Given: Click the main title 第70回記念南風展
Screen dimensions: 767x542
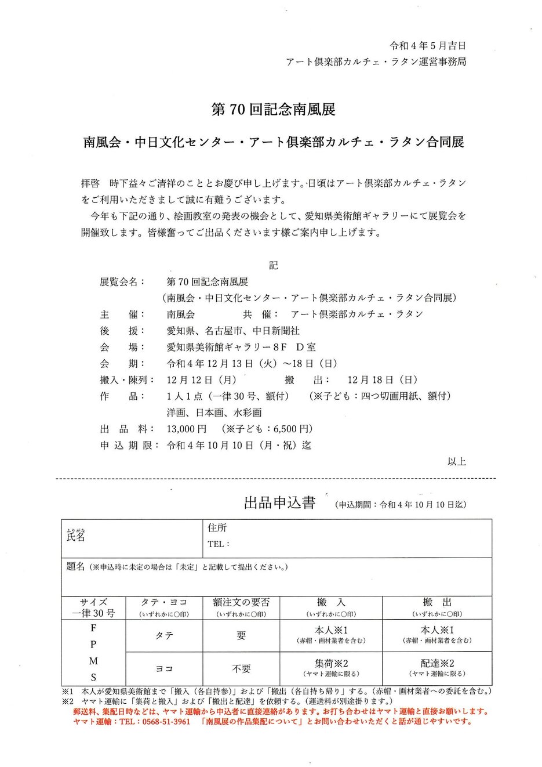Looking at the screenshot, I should [x=273, y=110].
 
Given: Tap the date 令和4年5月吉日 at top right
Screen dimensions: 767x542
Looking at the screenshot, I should [x=428, y=45].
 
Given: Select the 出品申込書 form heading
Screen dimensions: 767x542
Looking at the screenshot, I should [x=279, y=502].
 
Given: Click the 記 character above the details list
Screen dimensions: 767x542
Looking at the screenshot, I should [x=273, y=265].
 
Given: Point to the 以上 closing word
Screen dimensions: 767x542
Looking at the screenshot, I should [x=457, y=462].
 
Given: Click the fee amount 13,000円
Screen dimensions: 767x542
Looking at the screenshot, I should [x=187, y=429].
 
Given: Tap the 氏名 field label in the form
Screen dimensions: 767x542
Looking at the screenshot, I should [x=76, y=537].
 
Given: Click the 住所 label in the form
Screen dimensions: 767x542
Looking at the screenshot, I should [x=217, y=528].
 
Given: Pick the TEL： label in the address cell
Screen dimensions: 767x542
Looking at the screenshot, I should [x=219, y=544].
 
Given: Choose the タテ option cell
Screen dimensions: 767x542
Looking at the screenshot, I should [x=164, y=636].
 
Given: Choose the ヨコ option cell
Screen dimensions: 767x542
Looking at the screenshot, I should [x=164, y=669].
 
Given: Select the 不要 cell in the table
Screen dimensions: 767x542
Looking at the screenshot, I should [x=241, y=669].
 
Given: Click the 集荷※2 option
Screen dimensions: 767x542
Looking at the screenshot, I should [x=331, y=663].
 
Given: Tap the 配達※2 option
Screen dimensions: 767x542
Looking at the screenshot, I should [x=437, y=663].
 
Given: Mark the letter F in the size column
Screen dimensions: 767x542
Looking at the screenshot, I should [x=93, y=628].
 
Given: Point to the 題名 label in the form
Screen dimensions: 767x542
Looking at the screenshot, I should [x=76, y=566].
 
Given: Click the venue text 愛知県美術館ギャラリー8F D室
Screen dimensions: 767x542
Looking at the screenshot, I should [x=241, y=348].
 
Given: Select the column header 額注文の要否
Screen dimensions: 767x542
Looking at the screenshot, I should [x=241, y=603].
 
